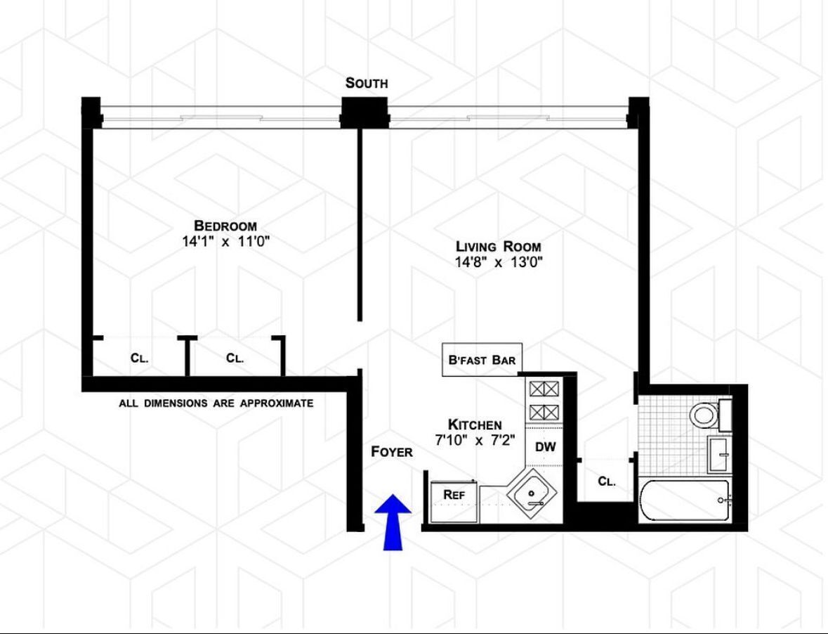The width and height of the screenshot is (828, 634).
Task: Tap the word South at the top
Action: (366, 83)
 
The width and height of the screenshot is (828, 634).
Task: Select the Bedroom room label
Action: (225, 226)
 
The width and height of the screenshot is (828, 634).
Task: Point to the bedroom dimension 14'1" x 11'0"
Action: (225, 242)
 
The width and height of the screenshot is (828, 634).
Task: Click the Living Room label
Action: (499, 246)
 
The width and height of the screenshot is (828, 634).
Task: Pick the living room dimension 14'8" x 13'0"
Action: (499, 262)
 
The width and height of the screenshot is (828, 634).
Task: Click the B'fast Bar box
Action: (482, 360)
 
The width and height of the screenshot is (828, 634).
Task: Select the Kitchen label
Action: (475, 425)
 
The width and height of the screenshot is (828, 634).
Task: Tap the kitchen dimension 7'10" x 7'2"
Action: (475, 441)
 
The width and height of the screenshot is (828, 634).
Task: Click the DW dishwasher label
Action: (546, 446)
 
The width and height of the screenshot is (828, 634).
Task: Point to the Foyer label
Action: (392, 452)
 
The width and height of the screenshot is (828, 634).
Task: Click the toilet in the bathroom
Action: (703, 414)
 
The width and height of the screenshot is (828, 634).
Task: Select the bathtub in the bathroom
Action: (685, 500)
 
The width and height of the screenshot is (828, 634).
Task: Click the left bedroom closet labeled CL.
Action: (139, 358)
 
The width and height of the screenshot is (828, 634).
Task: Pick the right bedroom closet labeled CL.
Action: (235, 358)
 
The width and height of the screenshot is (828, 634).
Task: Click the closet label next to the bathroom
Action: (607, 481)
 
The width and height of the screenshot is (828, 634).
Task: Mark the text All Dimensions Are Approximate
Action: (216, 403)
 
